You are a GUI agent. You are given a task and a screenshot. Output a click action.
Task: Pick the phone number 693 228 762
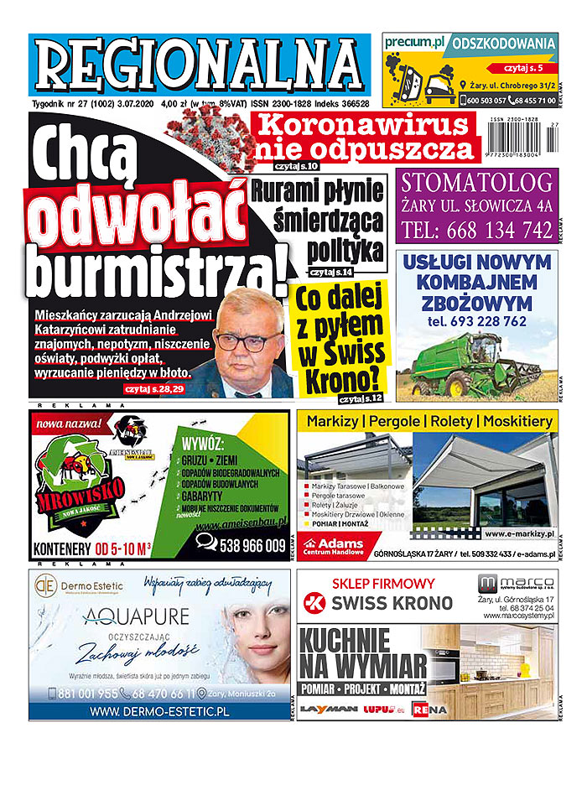[476, 321]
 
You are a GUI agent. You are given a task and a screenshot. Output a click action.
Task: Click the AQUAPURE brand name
[136, 616]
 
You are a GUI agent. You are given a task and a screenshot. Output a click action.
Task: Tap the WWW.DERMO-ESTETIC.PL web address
[158, 712]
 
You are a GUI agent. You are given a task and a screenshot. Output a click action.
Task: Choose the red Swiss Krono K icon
[314, 601]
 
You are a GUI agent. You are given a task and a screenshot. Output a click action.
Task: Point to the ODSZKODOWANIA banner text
[503, 43]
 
